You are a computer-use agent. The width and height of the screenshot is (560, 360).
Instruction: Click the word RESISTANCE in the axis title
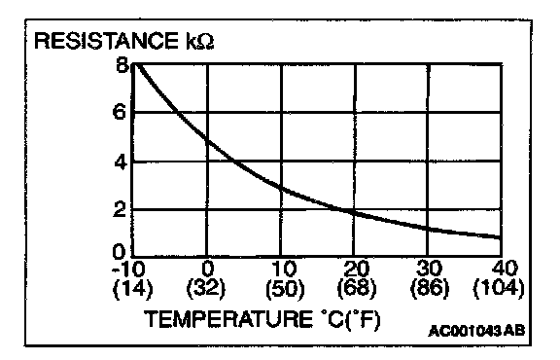pos(106,41)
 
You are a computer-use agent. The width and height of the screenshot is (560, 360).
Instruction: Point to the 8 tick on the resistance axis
pos(122,65)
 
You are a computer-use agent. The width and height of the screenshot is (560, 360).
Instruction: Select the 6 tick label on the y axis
pos(120,112)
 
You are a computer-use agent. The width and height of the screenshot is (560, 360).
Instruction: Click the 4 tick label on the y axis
pos(121,162)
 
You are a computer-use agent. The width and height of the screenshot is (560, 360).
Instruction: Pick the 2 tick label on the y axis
pos(120,209)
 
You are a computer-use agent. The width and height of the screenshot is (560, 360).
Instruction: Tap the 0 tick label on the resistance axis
pos(120,252)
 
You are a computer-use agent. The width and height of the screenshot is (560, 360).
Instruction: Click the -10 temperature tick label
pos(128,269)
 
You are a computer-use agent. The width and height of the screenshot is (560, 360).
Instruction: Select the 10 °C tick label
pos(284,269)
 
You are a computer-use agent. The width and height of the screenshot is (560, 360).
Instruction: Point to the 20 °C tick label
pos(357,269)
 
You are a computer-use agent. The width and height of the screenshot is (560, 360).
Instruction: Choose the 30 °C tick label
pos(430,269)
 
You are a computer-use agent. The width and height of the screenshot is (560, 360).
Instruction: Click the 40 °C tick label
pos(505,269)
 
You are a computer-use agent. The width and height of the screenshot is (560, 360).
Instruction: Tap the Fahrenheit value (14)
pos(132,287)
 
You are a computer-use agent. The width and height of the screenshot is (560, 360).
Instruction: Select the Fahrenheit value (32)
pos(206,287)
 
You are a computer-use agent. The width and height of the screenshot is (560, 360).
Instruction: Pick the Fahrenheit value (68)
pos(357,287)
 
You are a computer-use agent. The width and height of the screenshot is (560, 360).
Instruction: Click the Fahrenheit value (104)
pos(499,287)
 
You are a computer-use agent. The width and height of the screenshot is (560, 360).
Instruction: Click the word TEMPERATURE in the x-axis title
pos(228,319)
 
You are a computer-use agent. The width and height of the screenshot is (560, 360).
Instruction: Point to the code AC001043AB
pos(476,331)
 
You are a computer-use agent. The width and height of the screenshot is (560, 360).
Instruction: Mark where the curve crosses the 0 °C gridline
pos(207,139)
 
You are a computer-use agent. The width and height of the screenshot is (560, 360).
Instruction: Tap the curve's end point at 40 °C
pos(501,237)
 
